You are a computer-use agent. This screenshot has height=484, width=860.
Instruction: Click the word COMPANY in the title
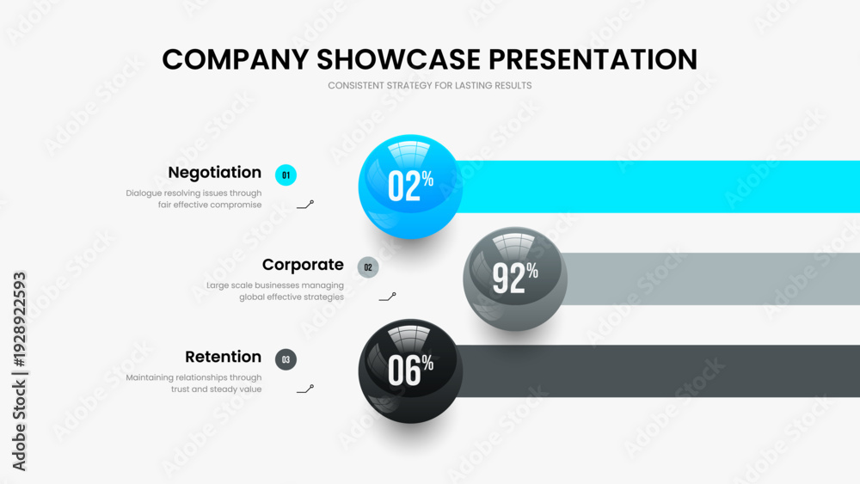236,59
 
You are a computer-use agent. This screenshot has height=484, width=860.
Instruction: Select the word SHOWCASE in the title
399,59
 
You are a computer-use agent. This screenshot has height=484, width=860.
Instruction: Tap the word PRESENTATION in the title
593,59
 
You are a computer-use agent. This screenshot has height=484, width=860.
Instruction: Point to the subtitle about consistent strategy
429,85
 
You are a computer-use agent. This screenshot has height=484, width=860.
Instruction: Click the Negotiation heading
214,173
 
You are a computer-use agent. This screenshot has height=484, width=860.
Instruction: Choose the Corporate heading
303,265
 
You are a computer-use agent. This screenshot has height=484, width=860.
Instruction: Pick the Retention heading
224,357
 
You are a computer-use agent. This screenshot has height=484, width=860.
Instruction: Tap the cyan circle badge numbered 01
286,175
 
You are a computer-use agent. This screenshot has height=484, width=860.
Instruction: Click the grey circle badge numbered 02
368,267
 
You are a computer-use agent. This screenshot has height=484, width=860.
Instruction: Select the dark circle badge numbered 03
286,359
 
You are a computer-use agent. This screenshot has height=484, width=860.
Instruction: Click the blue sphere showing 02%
410,187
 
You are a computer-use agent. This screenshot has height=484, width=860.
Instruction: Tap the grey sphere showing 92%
515,279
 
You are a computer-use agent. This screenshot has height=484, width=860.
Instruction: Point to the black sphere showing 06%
410,371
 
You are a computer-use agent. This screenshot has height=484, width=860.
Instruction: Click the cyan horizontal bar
658,187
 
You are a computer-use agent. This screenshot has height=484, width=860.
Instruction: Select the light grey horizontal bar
710,279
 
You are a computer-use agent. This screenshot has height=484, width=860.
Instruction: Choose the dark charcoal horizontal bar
658,371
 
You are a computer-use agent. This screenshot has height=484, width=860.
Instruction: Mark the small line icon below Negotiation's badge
305,205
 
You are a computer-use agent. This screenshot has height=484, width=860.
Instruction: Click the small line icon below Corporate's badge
387,297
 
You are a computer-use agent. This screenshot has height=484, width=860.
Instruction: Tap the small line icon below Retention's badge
305,389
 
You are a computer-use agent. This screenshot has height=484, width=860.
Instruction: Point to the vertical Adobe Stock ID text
19,371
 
